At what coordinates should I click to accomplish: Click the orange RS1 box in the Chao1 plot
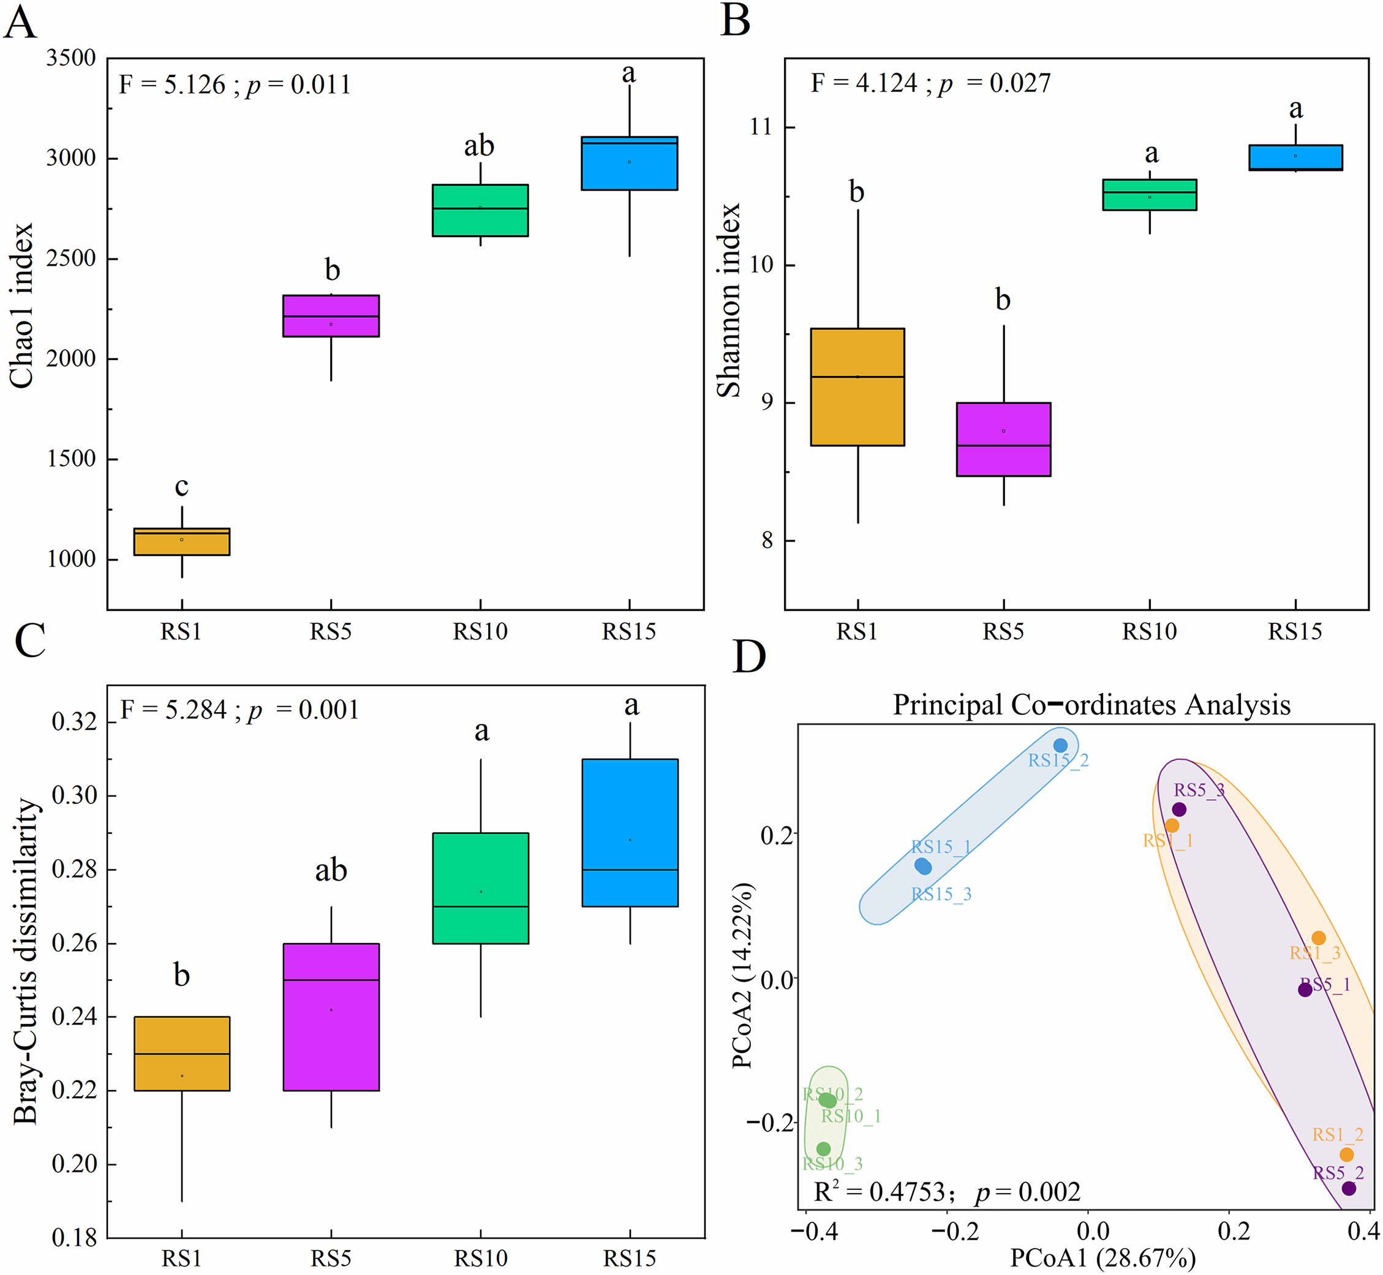[181, 541]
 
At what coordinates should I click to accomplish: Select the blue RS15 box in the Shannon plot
[1295, 157]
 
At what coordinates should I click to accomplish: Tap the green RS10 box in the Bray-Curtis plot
[480, 888]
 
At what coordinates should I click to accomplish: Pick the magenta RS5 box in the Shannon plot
[1003, 440]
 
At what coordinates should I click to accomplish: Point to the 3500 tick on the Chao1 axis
[71, 58]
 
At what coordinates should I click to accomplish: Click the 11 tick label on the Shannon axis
[762, 127]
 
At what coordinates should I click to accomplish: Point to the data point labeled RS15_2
[1061, 746]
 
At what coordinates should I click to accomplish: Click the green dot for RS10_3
[823, 1149]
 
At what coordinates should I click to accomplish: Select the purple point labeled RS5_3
[1180, 810]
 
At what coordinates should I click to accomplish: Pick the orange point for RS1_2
[1346, 1155]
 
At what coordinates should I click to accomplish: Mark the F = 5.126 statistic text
[173, 85]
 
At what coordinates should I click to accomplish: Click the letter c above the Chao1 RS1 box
[181, 486]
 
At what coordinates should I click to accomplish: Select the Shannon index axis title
[729, 300]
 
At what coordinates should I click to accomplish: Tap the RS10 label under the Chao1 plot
[480, 631]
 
